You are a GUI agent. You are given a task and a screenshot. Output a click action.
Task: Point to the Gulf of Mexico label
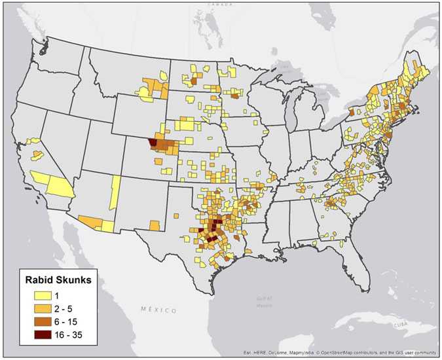coord(264,299)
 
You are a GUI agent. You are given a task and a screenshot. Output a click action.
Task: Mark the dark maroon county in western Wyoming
coord(153,141)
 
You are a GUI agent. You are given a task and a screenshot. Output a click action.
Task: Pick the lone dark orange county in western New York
coord(351,113)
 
